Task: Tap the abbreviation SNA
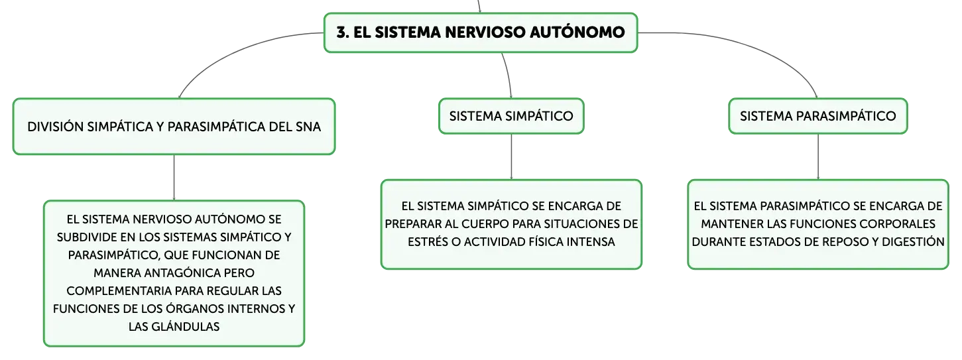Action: coord(308,127)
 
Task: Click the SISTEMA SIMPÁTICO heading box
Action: coord(511,116)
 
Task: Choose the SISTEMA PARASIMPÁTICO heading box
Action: coord(817,116)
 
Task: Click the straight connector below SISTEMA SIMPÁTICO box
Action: coord(511,157)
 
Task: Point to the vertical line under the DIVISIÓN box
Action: coord(174,178)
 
